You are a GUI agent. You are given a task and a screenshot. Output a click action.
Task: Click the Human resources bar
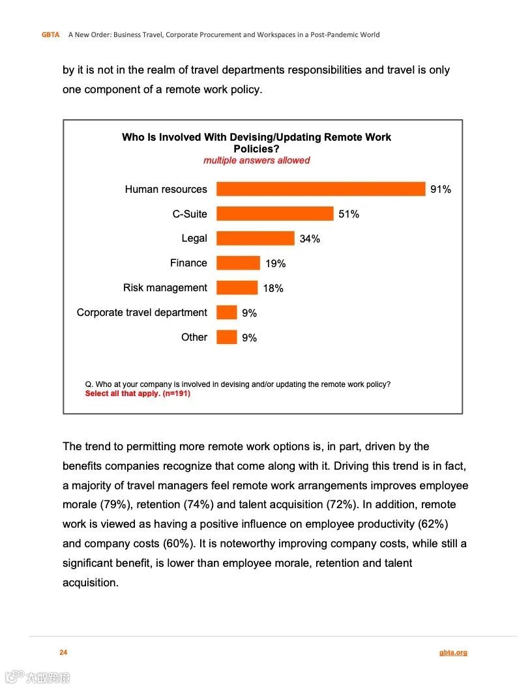pyautogui.click(x=321, y=189)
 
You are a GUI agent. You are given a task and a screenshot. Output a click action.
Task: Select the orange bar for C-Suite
pyautogui.click(x=274, y=214)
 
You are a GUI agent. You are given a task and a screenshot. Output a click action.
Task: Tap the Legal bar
pyautogui.click(x=255, y=238)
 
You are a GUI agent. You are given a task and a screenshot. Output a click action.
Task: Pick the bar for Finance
pyautogui.click(x=238, y=263)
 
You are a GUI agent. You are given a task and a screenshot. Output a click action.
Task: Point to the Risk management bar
pyautogui.click(x=237, y=288)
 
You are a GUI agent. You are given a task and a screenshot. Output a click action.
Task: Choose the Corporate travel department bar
pyautogui.click(x=226, y=313)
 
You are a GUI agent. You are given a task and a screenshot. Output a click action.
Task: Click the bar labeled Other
pyautogui.click(x=226, y=337)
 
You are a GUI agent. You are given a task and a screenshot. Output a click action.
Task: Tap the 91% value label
pyautogui.click(x=441, y=190)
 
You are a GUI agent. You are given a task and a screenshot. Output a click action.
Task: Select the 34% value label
pyautogui.click(x=310, y=239)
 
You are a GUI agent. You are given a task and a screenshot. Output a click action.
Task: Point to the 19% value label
pyautogui.click(x=275, y=264)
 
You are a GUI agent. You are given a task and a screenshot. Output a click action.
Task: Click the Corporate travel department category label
pyautogui.click(x=141, y=313)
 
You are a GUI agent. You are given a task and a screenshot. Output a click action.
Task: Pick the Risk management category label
pyautogui.click(x=165, y=288)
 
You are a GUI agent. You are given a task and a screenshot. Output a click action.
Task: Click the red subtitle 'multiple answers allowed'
pyautogui.click(x=256, y=160)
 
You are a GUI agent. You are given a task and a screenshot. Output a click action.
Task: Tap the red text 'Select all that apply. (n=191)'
pyautogui.click(x=138, y=394)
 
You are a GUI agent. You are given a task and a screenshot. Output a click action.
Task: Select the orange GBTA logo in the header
pyautogui.click(x=50, y=35)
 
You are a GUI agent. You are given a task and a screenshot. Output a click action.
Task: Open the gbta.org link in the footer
pyautogui.click(x=453, y=652)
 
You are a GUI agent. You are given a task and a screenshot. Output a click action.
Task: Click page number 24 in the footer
pyautogui.click(x=63, y=652)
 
